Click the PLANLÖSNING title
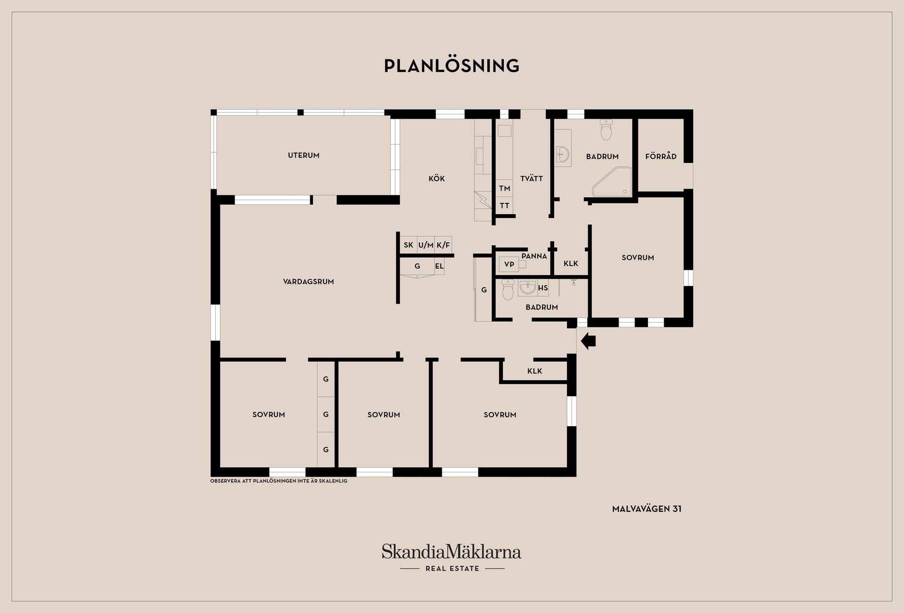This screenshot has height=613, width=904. tap(452, 65)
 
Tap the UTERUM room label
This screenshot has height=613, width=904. tap(304, 155)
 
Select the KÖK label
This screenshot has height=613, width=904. tap(436, 178)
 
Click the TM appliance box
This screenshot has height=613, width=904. tap(504, 188)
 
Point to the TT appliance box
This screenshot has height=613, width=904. tap(504, 206)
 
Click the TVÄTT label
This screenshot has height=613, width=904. tap(532, 178)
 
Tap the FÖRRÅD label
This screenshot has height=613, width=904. tap(661, 156)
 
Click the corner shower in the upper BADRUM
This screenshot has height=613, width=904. tap(612, 181)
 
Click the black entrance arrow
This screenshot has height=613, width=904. tap(589, 340)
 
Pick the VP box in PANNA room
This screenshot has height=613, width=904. tap(509, 265)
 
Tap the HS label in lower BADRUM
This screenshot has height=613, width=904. tap(543, 288)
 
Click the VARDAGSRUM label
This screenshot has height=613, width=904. tap(308, 282)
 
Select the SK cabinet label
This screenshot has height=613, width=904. tap(408, 245)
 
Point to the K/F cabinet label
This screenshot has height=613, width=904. tap(443, 245)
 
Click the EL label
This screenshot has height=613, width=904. tap(439, 266)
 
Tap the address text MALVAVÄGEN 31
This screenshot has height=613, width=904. tap(646, 509)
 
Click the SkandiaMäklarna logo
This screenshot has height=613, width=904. tap(452, 557)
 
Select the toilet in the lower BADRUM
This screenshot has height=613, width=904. tap(508, 290)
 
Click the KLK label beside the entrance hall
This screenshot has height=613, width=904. tap(534, 371)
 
